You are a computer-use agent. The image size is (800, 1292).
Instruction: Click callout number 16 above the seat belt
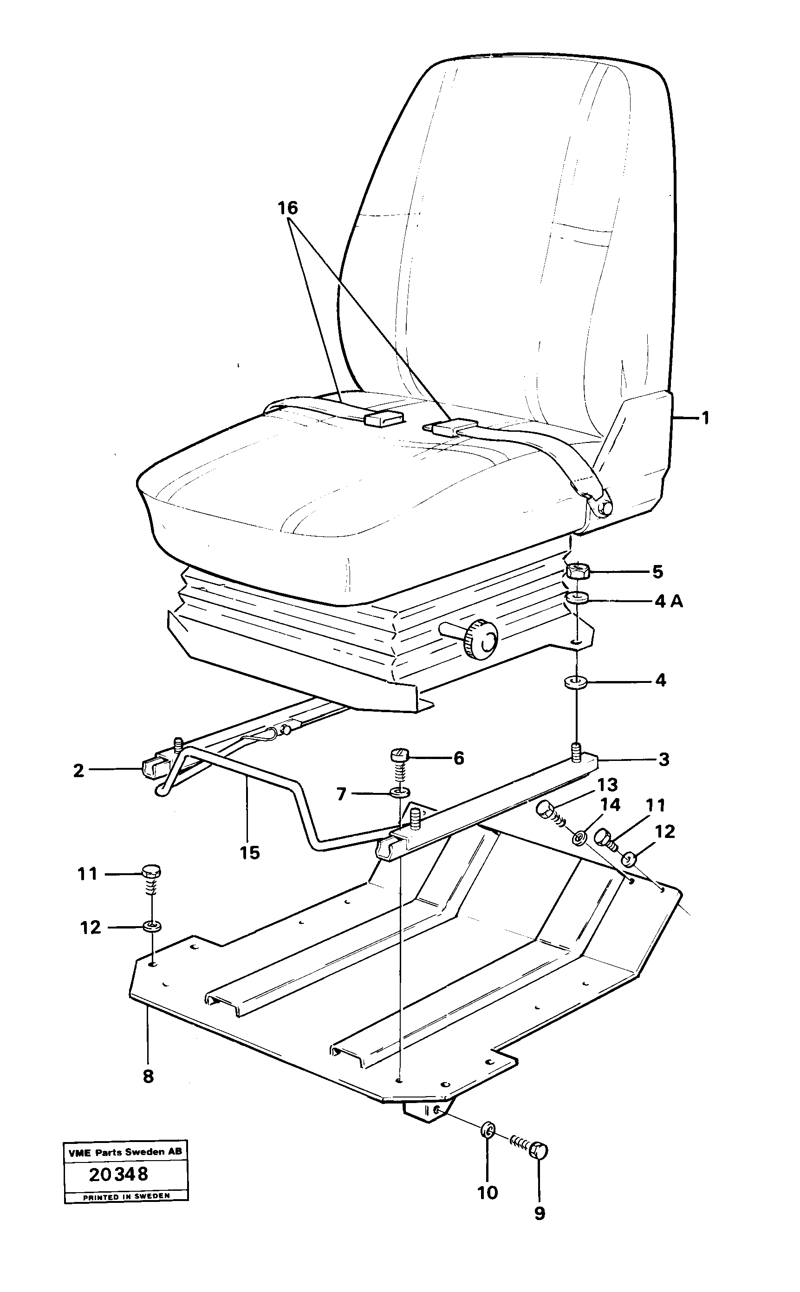click(x=288, y=208)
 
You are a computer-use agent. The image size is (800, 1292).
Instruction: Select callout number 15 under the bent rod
click(x=250, y=852)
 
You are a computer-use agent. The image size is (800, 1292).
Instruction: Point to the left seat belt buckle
click(x=384, y=419)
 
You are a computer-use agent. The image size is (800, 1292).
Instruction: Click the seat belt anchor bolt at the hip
click(x=602, y=507)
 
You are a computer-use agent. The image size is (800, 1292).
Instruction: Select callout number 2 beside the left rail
click(x=79, y=770)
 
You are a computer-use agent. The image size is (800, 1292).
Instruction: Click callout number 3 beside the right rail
click(x=663, y=760)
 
